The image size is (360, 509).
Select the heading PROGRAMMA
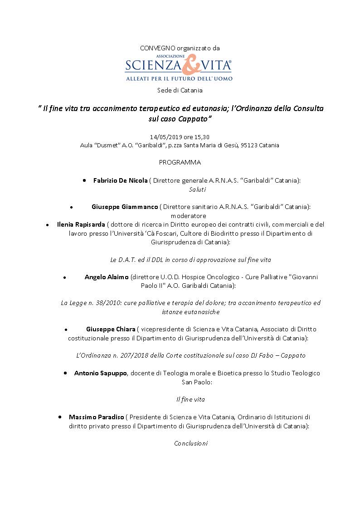(180, 162)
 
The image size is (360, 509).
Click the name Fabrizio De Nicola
(120, 180)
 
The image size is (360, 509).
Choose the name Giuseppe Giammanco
(125, 207)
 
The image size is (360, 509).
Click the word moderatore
(188, 216)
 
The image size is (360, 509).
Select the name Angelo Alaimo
(106, 277)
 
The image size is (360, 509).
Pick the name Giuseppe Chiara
(111, 329)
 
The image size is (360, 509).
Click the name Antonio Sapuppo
(100, 373)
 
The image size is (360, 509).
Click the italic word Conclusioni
(190, 443)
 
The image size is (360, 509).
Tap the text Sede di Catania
(180, 90)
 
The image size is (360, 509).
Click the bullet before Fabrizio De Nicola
(85, 180)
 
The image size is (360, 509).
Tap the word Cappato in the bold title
(192, 119)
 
